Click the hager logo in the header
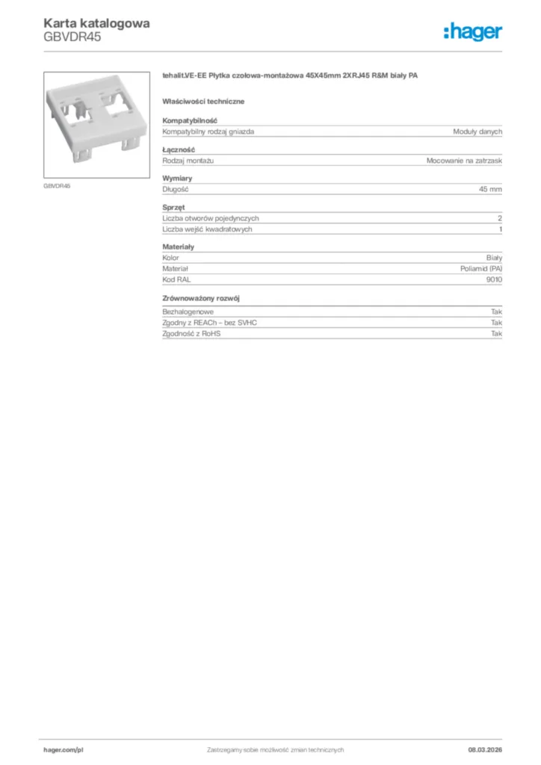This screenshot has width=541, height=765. (x=472, y=31)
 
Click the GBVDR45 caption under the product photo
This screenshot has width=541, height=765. (x=57, y=185)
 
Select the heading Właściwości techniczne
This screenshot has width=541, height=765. (x=203, y=101)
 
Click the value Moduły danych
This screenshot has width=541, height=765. (x=477, y=131)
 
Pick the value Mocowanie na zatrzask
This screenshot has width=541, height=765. (x=464, y=161)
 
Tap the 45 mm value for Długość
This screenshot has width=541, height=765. (x=490, y=190)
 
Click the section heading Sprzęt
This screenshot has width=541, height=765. (x=173, y=207)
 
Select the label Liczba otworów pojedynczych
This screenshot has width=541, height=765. (x=211, y=218)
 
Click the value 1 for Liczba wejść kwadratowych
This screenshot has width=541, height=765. (x=500, y=229)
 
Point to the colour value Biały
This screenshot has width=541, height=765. (x=494, y=258)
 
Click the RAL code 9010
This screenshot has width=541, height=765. (x=494, y=279)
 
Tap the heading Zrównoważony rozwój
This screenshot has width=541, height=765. (x=200, y=299)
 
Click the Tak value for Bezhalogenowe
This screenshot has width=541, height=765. (x=496, y=311)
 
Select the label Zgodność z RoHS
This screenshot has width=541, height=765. (x=191, y=333)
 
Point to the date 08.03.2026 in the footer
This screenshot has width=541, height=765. (x=479, y=749)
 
